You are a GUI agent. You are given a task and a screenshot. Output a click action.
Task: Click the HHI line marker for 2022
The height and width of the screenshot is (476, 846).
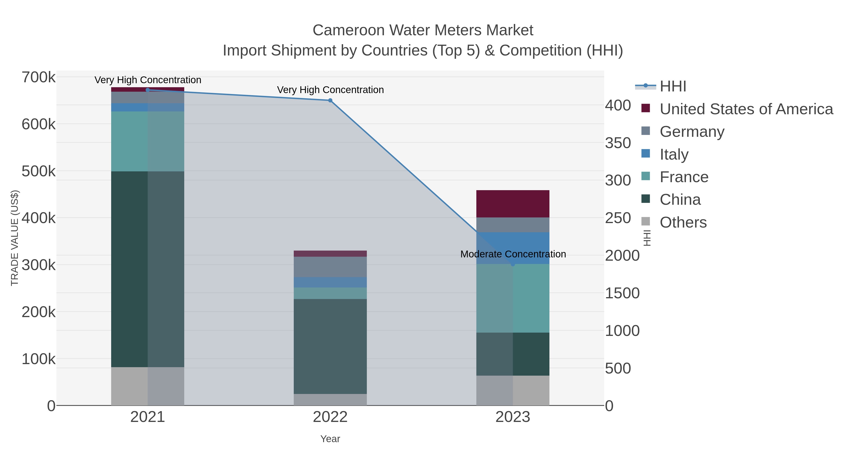pos(330,101)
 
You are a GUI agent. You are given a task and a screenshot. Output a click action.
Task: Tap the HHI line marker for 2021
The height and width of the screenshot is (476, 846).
pos(147,90)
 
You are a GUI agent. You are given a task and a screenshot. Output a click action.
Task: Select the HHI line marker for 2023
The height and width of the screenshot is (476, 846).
pos(513,264)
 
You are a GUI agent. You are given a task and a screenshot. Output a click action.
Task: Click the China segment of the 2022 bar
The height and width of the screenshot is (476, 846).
pos(330,346)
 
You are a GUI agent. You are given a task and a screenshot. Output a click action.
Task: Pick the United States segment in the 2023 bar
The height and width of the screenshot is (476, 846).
pos(513,204)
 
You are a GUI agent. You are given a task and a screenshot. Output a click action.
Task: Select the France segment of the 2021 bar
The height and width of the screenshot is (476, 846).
pos(147,141)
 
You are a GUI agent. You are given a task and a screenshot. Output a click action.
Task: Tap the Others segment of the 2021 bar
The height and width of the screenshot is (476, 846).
pos(147,386)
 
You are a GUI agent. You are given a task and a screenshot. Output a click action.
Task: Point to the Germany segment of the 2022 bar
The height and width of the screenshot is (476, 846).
pos(330,267)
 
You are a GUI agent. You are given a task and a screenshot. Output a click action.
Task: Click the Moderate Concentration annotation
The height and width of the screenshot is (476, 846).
pos(513,254)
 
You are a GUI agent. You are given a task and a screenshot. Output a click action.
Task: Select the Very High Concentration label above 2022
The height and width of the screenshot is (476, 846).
pos(330,90)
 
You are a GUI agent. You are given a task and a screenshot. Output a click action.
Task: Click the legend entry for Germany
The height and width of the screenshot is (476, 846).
pos(692,132)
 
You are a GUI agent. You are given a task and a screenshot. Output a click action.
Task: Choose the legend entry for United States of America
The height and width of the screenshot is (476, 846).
pos(745,109)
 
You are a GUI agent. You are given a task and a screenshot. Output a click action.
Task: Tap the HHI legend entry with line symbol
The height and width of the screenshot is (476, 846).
pos(673,87)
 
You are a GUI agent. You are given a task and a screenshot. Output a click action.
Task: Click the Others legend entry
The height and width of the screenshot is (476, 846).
pos(683,222)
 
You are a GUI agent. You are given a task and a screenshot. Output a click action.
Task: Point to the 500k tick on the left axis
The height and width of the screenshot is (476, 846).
pos(39,171)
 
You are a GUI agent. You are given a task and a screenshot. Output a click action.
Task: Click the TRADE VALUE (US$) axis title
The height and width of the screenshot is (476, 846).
pos(15,238)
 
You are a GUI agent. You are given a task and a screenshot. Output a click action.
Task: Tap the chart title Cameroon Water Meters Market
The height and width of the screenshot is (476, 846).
pos(423,30)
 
